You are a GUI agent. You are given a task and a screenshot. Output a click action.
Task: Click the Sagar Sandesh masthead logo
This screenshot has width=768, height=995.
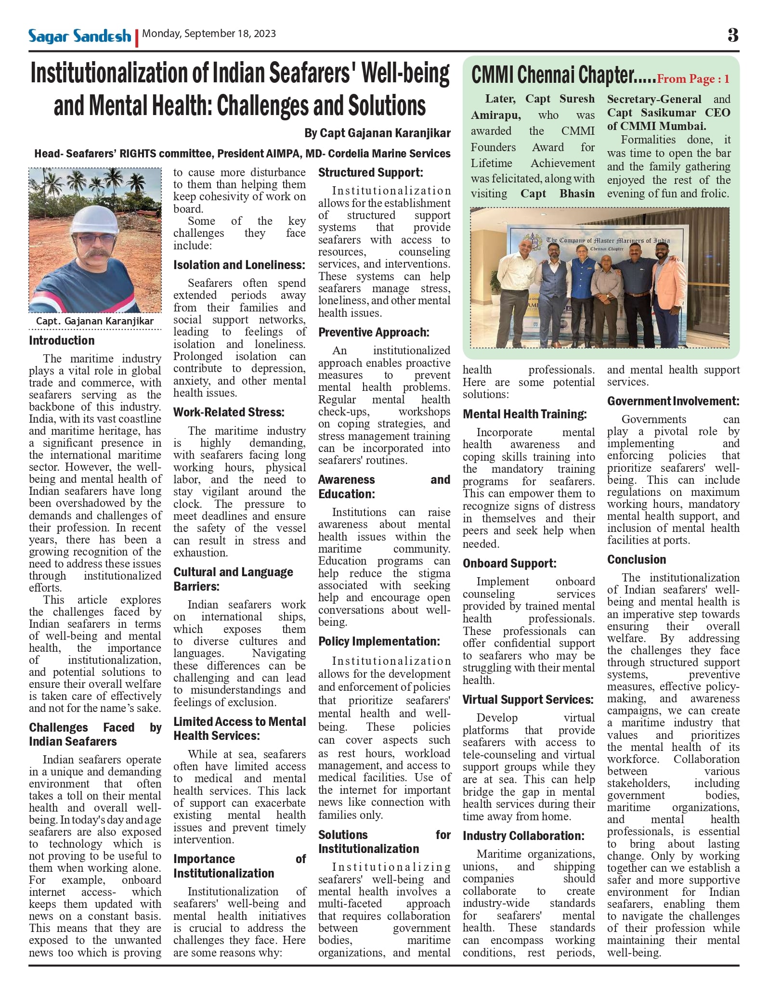(79, 36)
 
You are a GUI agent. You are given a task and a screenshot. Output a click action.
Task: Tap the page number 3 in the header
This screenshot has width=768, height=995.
(732, 35)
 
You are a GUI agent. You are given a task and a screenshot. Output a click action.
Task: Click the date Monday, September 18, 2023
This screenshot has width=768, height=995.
(209, 34)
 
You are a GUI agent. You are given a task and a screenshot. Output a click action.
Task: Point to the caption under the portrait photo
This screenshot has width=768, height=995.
(95, 321)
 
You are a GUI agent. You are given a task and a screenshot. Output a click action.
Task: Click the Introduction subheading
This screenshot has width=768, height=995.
(62, 340)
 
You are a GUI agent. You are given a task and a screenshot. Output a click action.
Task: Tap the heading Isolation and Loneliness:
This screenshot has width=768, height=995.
(239, 265)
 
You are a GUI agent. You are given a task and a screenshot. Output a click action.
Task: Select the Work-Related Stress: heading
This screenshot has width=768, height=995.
(229, 412)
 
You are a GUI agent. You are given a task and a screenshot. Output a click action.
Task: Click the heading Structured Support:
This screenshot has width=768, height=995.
(370, 172)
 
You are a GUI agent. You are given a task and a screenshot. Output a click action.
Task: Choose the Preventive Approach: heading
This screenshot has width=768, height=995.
(374, 332)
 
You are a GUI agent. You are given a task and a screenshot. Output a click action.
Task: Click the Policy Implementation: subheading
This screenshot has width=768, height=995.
(379, 641)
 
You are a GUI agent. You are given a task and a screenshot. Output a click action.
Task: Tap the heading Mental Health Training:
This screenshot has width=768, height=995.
(524, 414)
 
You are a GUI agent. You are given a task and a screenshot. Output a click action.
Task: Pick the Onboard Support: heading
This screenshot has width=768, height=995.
(509, 563)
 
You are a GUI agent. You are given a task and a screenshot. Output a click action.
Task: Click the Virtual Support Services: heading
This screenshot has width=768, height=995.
(528, 699)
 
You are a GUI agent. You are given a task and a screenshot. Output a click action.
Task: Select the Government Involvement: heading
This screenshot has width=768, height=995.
(673, 401)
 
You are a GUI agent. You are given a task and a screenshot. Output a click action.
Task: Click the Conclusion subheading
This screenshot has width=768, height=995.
(636, 559)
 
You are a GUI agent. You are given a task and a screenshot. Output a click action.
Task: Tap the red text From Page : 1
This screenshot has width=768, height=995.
(693, 79)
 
